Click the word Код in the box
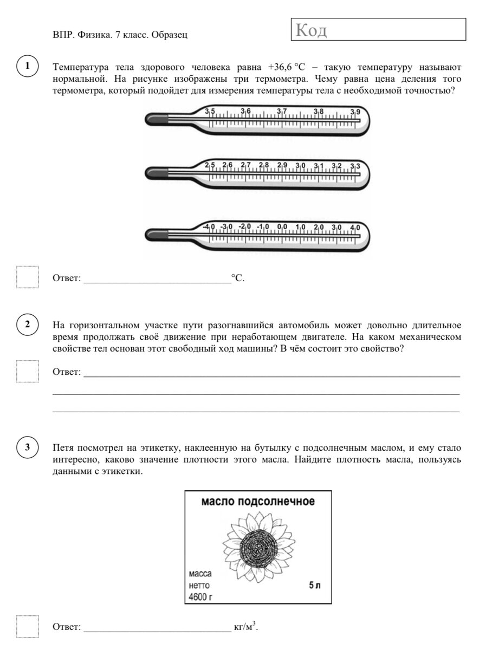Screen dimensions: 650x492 (x=311, y=31)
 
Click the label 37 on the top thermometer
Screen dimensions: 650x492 (x=282, y=111)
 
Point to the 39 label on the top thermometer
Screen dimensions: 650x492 (x=355, y=112)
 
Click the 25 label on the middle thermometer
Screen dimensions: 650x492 (x=210, y=165)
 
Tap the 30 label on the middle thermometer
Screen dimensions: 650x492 (x=300, y=165)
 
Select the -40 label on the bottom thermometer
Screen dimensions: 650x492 (x=209, y=226)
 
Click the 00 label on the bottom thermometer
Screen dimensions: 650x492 (x=282, y=226)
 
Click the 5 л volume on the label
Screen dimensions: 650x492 (x=314, y=586)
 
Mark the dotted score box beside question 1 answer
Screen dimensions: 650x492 (x=27, y=277)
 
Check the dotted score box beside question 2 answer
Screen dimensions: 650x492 (x=27, y=372)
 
